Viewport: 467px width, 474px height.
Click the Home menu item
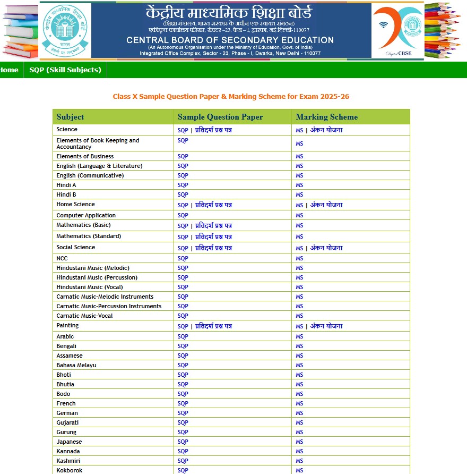(x=9, y=70)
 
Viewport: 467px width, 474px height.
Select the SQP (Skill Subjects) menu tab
(x=65, y=70)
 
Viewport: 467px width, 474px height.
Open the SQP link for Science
(x=183, y=130)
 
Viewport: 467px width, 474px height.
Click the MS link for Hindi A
(x=299, y=185)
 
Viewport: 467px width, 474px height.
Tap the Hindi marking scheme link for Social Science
(x=326, y=248)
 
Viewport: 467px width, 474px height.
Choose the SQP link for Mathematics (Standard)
(x=183, y=237)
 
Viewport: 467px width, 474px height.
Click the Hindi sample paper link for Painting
(x=213, y=326)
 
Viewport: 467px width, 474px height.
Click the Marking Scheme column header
(x=326, y=117)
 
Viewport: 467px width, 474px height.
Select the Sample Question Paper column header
(x=220, y=117)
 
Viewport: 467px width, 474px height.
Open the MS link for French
(x=299, y=403)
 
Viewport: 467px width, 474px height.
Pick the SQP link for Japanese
(x=183, y=442)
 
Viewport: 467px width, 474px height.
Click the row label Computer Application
(x=85, y=215)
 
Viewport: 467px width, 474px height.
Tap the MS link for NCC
(x=299, y=258)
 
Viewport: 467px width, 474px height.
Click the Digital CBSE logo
(x=397, y=30)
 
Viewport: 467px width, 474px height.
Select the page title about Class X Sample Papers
(x=231, y=97)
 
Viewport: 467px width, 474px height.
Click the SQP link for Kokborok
(x=183, y=470)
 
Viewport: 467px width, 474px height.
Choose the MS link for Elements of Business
(x=299, y=156)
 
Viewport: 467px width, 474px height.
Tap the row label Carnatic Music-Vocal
(x=84, y=316)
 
